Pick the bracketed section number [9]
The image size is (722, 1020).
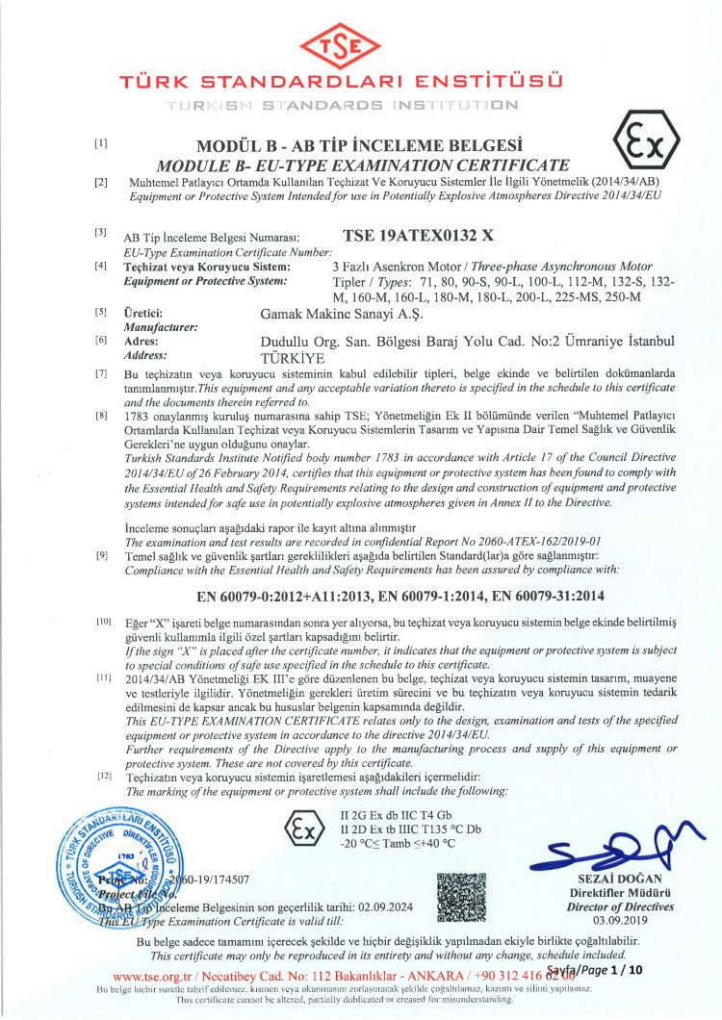coord(101,555)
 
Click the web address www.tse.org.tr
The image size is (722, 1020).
coord(153,974)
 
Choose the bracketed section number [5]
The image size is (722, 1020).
coord(100,313)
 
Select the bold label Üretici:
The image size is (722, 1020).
coord(143,313)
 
